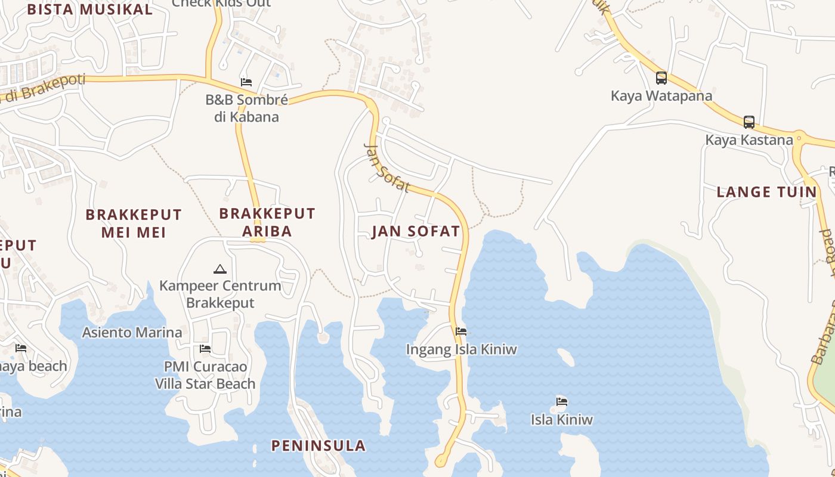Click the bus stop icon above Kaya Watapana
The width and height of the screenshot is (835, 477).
click(x=661, y=78)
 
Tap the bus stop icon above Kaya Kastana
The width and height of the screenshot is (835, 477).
click(x=749, y=122)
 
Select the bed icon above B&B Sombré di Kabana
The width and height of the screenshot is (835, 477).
click(x=246, y=82)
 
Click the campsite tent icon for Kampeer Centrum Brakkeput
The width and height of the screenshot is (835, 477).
click(x=220, y=269)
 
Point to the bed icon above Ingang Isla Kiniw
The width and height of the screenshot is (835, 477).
click(x=460, y=332)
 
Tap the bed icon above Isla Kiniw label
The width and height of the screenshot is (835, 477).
click(x=561, y=401)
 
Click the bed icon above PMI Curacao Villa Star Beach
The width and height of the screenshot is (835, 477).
click(x=205, y=348)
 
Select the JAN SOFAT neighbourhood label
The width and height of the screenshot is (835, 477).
click(x=416, y=231)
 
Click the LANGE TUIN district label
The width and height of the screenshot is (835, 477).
click(x=766, y=192)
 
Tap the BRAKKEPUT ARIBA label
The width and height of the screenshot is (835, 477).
click(x=267, y=222)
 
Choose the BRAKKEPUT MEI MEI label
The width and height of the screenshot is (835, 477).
click(x=134, y=223)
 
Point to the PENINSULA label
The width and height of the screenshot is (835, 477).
click(x=318, y=445)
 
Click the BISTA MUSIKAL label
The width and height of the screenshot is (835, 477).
click(x=89, y=10)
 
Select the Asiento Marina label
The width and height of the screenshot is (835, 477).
click(x=132, y=332)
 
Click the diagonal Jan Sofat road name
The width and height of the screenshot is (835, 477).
click(x=386, y=168)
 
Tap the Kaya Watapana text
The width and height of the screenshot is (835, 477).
click(x=661, y=95)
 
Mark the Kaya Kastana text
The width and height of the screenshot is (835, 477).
click(x=749, y=140)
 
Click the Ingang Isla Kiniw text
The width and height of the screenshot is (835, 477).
click(x=461, y=349)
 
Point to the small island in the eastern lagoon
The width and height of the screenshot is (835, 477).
click(x=565, y=357)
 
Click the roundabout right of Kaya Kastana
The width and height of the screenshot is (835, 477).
click(x=800, y=138)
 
